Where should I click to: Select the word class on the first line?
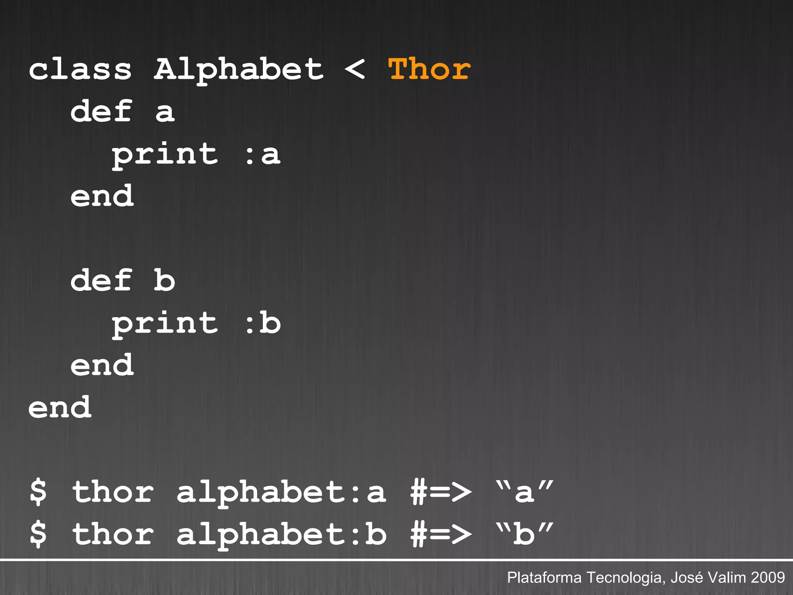[80, 70]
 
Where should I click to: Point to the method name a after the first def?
[165, 112]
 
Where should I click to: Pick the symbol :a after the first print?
[263, 154]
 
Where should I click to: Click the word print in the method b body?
[165, 324]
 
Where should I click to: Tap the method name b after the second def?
[164, 280]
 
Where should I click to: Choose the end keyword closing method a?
[102, 196]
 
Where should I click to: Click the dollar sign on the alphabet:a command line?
[38, 492]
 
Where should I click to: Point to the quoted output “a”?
[524, 492]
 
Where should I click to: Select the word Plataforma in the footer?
[544, 578]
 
